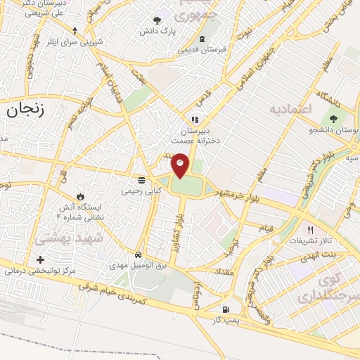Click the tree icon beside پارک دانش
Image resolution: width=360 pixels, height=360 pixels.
click(x=156, y=20)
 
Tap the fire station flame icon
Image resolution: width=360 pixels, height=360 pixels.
click(x=79, y=196)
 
